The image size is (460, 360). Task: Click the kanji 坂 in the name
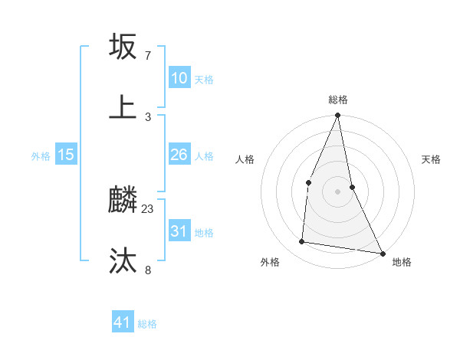(x=123, y=47)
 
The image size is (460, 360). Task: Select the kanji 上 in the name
(x=123, y=107)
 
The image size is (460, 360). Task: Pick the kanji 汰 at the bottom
(x=123, y=261)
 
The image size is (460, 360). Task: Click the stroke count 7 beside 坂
(x=148, y=56)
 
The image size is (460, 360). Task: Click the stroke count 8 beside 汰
(x=148, y=269)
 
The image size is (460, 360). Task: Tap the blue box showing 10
(x=179, y=78)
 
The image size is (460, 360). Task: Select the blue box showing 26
(x=179, y=155)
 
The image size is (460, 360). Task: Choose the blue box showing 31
(x=179, y=231)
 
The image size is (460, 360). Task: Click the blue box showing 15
(x=66, y=155)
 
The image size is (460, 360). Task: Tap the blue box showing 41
(x=123, y=322)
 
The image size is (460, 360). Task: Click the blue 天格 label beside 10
(x=203, y=80)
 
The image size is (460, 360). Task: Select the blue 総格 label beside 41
(x=147, y=324)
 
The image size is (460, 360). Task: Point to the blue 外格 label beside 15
(x=41, y=156)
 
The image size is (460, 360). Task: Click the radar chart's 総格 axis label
(x=338, y=100)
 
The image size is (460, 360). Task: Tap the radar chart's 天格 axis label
(x=431, y=159)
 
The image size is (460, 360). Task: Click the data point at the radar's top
(x=338, y=116)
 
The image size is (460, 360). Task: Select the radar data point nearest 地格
(x=382, y=253)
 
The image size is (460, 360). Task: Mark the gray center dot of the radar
(x=338, y=191)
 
